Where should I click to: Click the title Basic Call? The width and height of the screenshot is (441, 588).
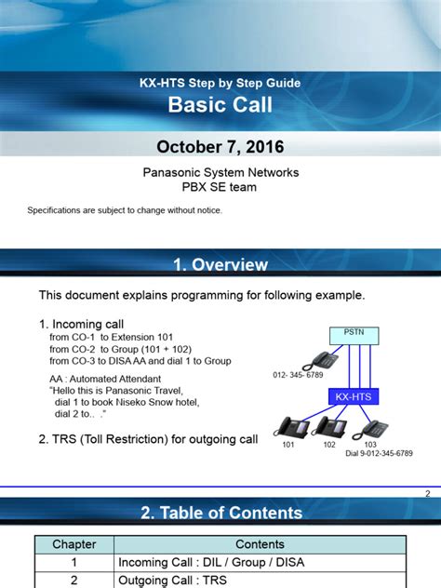(x=220, y=104)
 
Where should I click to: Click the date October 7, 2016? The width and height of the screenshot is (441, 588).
(x=220, y=147)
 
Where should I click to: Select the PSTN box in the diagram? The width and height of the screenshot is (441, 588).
(x=354, y=336)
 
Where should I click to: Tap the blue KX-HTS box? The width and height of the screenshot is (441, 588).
(x=354, y=396)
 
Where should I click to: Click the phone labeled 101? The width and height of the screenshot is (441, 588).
(x=291, y=427)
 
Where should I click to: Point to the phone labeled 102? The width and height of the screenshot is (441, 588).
(x=328, y=427)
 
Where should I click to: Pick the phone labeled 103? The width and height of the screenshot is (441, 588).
(x=370, y=430)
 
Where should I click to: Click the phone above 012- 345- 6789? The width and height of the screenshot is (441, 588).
(x=320, y=361)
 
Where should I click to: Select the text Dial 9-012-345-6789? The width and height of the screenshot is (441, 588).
(x=379, y=453)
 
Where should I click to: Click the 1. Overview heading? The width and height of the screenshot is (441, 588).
(x=220, y=265)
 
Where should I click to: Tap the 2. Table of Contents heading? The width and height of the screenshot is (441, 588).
(x=221, y=513)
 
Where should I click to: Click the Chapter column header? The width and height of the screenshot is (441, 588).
(x=74, y=544)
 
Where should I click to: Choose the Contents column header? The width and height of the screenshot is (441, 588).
(x=260, y=544)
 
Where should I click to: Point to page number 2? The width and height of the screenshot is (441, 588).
(x=427, y=493)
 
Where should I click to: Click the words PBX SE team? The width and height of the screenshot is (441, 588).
(x=220, y=187)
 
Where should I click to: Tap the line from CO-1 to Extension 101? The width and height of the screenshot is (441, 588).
(x=111, y=337)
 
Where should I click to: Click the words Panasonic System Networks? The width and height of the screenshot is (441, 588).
(x=220, y=172)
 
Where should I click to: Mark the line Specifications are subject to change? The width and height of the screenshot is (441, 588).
(x=125, y=210)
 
